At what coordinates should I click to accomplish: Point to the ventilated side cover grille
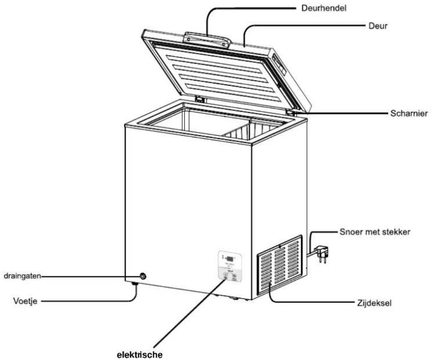(280, 265)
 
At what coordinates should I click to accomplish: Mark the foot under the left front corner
(134, 284)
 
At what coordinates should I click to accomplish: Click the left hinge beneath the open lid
(200, 99)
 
